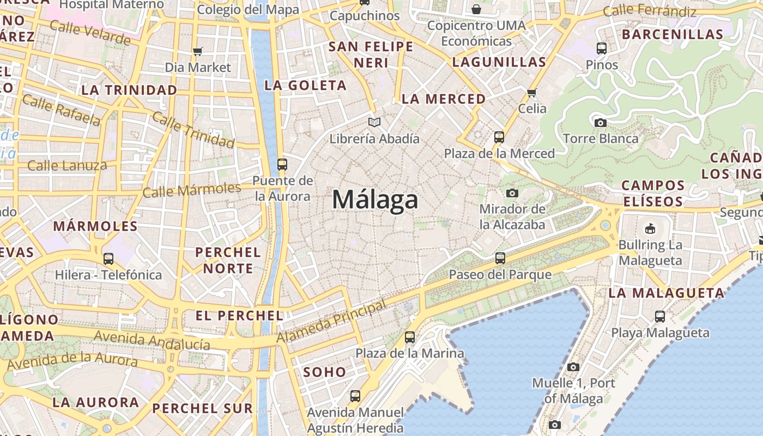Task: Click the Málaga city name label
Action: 375,199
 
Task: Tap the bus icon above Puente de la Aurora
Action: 282,164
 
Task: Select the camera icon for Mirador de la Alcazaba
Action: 512,193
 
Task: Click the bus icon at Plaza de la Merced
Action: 499,137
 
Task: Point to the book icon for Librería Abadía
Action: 374,122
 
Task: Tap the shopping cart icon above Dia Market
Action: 198,51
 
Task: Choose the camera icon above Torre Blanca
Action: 600,123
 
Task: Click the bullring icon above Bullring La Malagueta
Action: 650,228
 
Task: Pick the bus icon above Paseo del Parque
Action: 500,258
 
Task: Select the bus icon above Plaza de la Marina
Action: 409,337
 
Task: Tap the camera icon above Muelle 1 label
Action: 573,367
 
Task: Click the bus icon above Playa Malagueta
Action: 660,316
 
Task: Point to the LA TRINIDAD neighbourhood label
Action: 129,90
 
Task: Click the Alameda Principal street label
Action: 331,322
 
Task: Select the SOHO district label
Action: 324,372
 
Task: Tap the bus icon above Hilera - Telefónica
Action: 108,259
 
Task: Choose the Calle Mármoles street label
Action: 191,190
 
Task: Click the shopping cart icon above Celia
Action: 532,93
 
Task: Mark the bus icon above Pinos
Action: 602,49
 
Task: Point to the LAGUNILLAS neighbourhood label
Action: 499,62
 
